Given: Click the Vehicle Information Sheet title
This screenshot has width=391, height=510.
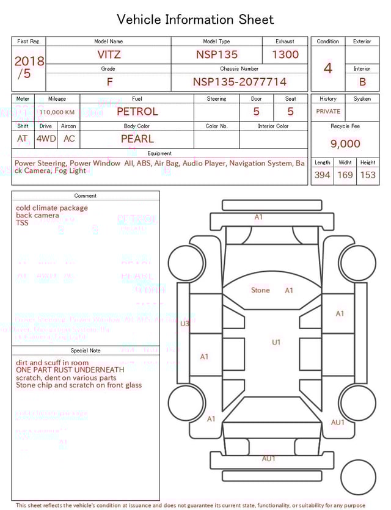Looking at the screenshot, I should pos(195,20).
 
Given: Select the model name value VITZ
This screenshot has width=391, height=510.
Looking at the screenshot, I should pos(109,54).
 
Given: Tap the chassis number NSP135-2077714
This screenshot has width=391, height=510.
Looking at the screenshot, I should pos(239,82).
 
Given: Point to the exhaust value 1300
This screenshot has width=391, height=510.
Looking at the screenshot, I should pos(285,54).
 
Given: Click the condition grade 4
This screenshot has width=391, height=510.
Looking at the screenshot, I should pos(328,68).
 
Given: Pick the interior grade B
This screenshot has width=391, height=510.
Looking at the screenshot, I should pos(362,82).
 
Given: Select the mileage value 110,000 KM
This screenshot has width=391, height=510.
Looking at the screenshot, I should pos(57,112).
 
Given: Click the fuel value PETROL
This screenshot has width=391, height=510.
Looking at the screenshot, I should pos(137,111).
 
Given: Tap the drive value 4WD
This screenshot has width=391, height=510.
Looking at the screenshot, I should pos(46,139).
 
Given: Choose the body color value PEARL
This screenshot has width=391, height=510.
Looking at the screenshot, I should pos(137,139).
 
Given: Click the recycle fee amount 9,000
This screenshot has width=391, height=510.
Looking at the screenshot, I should pos(345,144).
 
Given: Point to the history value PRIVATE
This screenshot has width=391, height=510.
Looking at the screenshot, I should pos(328,112).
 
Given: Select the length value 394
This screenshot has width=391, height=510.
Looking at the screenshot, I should pos(322,175).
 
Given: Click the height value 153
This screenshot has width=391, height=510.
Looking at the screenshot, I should pos(368,175).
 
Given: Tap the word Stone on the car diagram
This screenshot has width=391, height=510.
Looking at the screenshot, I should pos(260,290).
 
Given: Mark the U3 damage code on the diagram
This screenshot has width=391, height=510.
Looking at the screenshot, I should pos(185,324).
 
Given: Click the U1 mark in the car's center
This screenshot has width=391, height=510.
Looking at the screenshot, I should pos(276,343).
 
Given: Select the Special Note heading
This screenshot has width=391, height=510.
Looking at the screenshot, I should pos(86,351).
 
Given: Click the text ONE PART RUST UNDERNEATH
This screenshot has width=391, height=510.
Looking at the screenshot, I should pos(70,370).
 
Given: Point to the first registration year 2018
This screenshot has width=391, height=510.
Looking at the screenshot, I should pos(29,61).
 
